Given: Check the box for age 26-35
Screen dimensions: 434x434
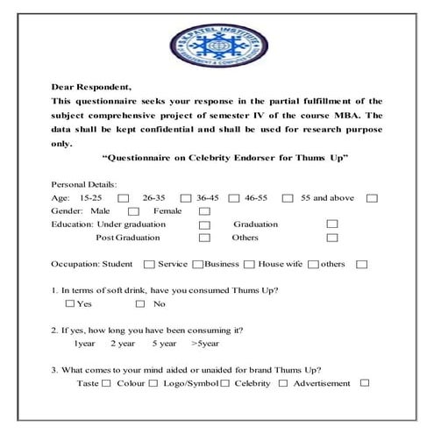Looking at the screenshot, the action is tap(185, 198).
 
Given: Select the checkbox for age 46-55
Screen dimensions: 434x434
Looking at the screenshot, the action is tap(285, 198).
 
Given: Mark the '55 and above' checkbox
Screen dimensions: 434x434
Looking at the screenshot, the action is tap(372, 198).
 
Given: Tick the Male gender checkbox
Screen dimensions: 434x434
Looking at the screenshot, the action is tap(133, 211).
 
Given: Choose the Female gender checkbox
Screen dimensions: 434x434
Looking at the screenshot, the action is tap(204, 211).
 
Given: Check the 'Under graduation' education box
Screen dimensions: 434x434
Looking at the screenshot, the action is tap(204, 224).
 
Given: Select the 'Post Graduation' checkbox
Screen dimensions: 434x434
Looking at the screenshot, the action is tap(204, 238).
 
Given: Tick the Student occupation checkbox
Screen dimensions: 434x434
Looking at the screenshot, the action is tap(149, 264).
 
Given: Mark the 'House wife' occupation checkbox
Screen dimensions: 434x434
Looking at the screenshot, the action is tap(313, 264).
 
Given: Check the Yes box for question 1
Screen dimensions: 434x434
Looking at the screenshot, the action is tap(70, 304).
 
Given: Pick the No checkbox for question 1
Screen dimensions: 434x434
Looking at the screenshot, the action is tap(140, 304).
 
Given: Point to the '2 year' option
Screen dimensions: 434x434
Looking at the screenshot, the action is tap(123, 344).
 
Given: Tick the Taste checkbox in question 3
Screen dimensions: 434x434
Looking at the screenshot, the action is tap(106, 383).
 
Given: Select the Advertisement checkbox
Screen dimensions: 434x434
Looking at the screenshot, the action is tap(365, 383).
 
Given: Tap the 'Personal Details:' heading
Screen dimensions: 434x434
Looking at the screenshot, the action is tap(86, 185).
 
